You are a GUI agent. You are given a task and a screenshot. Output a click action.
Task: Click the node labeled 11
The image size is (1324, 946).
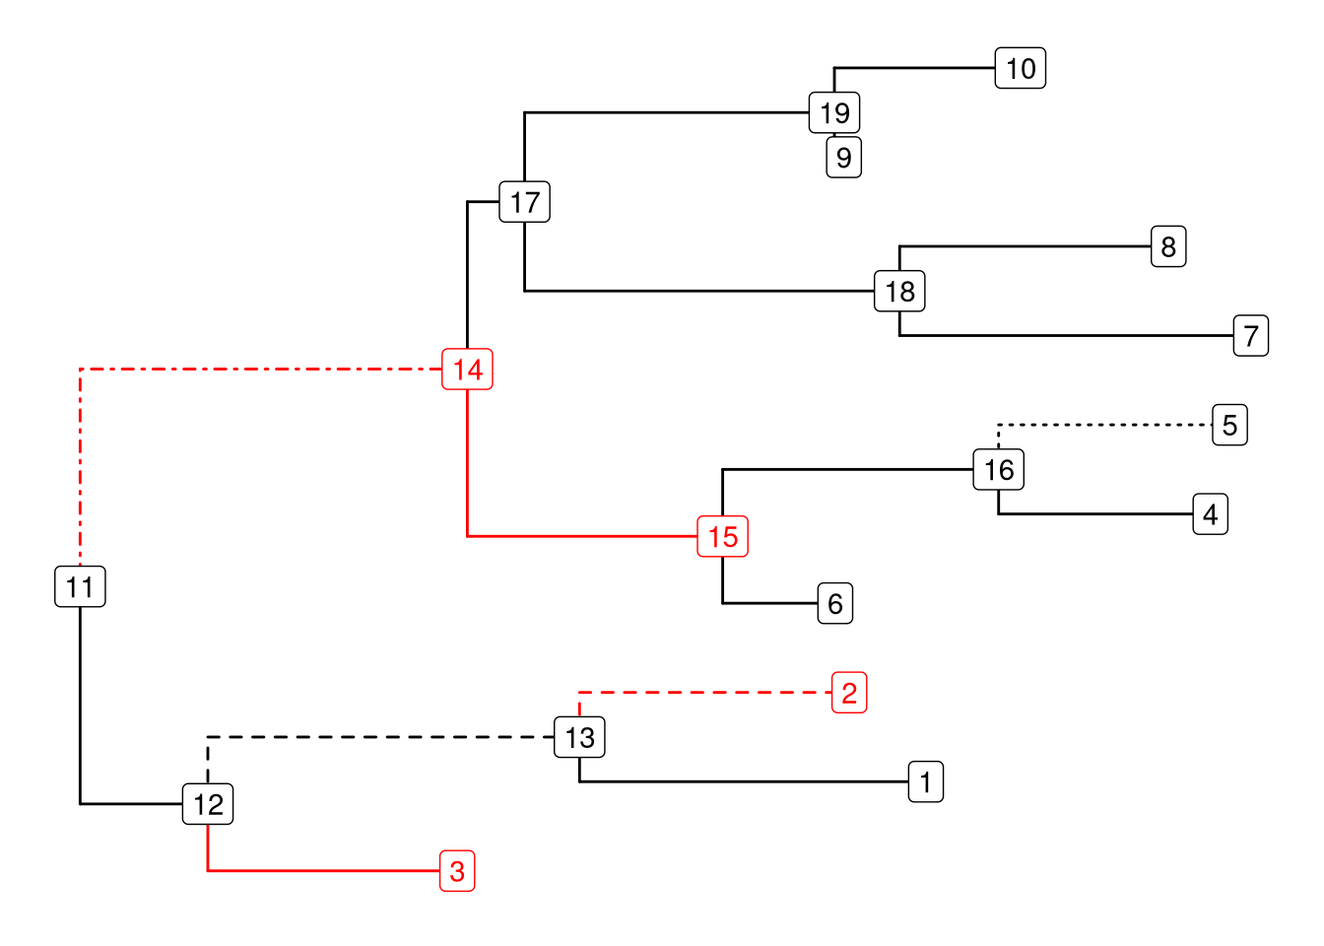tap(80, 586)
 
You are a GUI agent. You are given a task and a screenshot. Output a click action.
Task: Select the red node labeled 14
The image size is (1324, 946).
tap(467, 370)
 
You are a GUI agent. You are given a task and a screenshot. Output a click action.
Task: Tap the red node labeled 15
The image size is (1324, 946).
tap(722, 536)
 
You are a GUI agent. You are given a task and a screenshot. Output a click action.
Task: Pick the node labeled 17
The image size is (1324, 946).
tap(524, 202)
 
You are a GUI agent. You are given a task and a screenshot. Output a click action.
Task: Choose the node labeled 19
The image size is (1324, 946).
tap(834, 112)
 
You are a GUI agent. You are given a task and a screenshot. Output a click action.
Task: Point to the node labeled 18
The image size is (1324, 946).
tap(899, 291)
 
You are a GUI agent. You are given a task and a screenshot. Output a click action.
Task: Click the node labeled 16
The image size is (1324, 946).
tap(999, 469)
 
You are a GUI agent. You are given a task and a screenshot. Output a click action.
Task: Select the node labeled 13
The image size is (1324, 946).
tap(579, 737)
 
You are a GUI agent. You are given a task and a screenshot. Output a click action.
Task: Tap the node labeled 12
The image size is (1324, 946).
tap(208, 804)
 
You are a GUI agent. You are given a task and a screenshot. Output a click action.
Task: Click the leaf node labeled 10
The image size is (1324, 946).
tap(1021, 68)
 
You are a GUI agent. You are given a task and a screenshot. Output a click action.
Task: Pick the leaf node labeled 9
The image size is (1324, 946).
tap(844, 157)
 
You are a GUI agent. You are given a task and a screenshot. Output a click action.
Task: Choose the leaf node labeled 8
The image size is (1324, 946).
tap(1168, 246)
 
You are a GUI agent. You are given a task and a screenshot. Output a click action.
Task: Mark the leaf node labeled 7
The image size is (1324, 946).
tap(1251, 335)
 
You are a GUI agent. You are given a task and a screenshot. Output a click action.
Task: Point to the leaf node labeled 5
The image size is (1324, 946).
tap(1229, 425)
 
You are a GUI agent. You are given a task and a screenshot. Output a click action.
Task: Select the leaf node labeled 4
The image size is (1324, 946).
tap(1210, 513)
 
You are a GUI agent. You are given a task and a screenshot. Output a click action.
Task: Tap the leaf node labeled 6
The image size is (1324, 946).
tap(835, 603)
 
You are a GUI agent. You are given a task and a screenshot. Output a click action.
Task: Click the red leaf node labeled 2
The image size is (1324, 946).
tap(849, 693)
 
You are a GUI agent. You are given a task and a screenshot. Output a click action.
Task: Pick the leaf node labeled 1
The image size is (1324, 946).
tap(926, 781)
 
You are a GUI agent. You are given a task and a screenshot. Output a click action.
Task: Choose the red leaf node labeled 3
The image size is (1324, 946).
tap(457, 871)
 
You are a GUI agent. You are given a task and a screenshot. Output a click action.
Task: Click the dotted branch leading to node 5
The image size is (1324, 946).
tap(1103, 425)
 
